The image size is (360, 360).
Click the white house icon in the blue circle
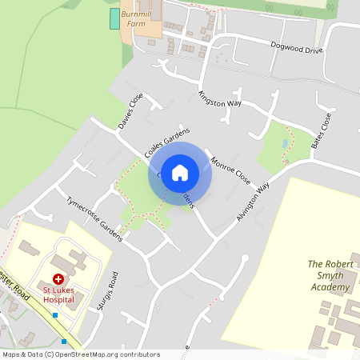click(180, 173)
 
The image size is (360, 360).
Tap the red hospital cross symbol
click(58, 280)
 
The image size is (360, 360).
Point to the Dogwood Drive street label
click(295, 48)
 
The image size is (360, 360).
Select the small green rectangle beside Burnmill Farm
click(114, 19)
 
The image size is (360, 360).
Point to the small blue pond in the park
click(285, 143)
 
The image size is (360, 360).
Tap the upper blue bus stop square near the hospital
click(54, 315)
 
